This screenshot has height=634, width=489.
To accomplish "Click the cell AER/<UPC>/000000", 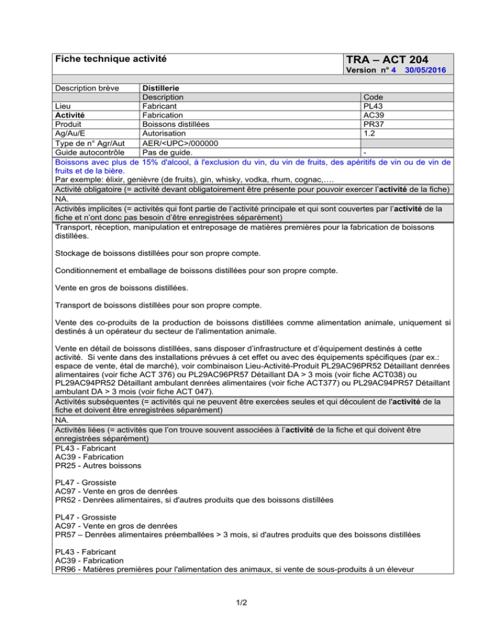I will [180, 144].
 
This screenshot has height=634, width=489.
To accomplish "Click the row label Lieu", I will [63, 106].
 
